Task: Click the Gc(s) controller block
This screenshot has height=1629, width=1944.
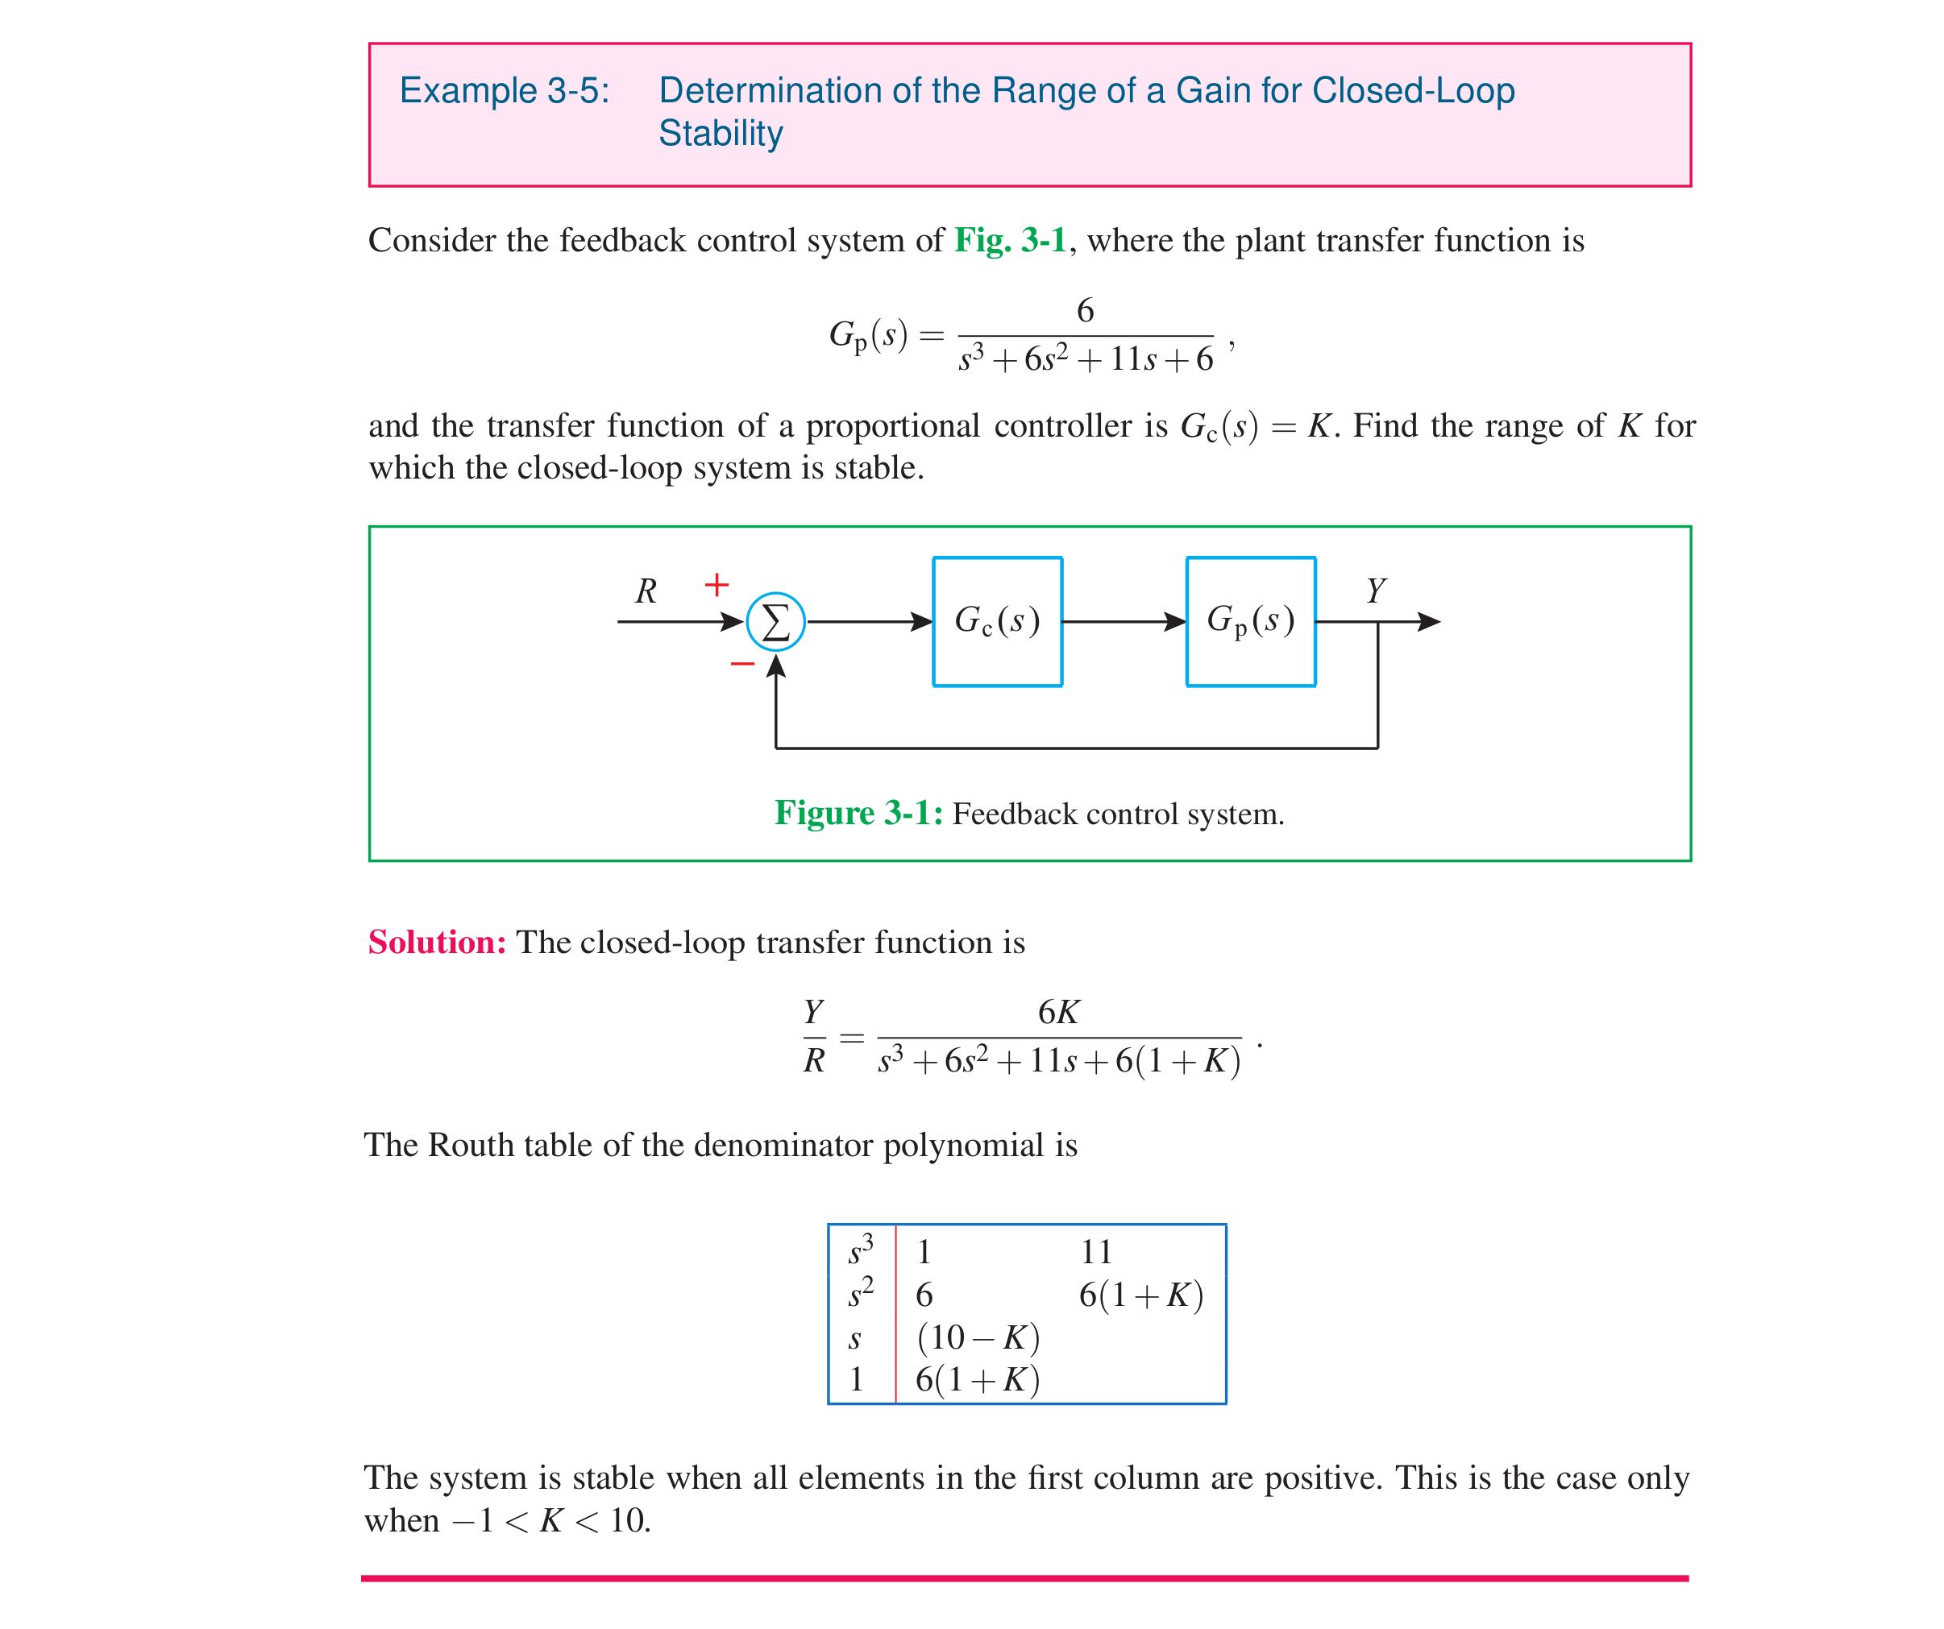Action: point(997,621)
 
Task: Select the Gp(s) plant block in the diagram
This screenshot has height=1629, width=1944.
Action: point(1251,621)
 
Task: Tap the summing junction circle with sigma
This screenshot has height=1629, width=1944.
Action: point(776,622)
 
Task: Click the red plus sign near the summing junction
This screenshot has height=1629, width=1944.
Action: point(717,585)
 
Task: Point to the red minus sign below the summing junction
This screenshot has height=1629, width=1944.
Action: point(742,664)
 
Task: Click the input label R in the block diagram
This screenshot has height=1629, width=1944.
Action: point(646,591)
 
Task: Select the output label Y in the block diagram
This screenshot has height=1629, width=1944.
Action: point(1376,590)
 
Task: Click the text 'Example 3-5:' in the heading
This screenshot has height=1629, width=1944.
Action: point(505,91)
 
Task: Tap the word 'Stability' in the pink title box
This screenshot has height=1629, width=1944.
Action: point(721,133)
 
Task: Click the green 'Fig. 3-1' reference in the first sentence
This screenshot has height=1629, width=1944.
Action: point(1010,241)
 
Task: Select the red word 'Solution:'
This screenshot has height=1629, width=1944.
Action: point(437,943)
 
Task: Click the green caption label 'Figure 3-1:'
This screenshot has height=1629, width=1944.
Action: point(858,813)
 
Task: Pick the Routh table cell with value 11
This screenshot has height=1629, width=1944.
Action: point(1096,1252)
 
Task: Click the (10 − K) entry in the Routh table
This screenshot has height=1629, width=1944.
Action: point(978,1337)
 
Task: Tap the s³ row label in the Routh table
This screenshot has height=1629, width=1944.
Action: point(861,1250)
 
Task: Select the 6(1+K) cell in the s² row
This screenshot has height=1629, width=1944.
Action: point(1140,1295)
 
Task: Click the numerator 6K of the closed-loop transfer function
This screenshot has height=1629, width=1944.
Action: point(1058,1012)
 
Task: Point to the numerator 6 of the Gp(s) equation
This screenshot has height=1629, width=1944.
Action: point(1085,310)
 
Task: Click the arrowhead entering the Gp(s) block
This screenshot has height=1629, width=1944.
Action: point(1176,622)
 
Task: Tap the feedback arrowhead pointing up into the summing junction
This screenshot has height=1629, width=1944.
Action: point(776,665)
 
